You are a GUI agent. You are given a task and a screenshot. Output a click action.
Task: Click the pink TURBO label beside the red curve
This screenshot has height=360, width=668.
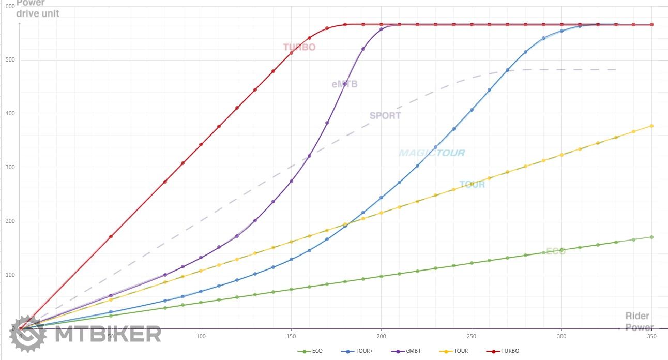coord(299,47)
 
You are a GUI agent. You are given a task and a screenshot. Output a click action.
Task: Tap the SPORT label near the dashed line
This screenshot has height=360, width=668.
coord(385,115)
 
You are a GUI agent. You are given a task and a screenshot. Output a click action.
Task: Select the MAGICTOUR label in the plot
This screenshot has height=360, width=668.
coord(432,153)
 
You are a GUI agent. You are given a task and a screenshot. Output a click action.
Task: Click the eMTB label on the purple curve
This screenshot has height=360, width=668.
coord(344,84)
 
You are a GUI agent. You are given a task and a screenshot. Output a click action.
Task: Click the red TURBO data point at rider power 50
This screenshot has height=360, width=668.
coord(111,236)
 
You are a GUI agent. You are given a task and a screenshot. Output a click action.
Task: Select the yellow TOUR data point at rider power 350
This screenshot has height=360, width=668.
coord(651,126)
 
